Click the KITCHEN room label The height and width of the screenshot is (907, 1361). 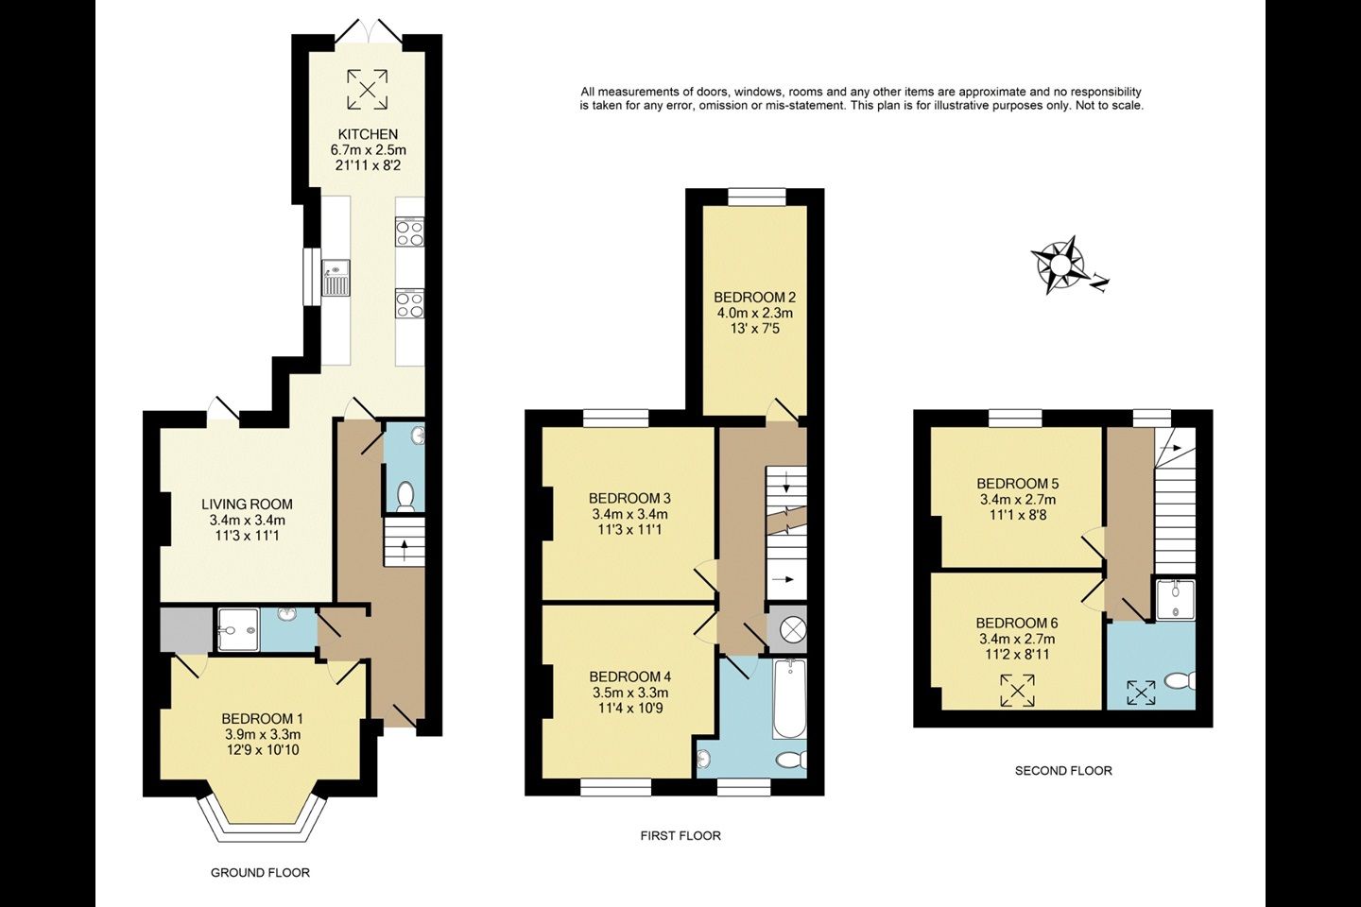(x=368, y=134)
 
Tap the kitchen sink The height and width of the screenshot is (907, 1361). (x=336, y=278)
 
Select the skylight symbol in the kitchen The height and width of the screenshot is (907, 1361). (x=368, y=90)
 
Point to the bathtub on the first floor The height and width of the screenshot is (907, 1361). (x=789, y=698)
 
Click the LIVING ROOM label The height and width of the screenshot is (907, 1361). (x=247, y=505)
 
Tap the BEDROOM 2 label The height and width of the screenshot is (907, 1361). (x=754, y=298)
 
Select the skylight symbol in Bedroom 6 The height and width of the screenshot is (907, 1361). (x=1018, y=690)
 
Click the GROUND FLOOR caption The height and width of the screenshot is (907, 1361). (x=260, y=873)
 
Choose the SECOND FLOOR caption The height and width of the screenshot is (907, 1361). (x=1063, y=771)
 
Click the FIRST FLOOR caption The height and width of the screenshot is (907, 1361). (x=680, y=836)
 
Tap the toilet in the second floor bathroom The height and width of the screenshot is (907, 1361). (x=1180, y=680)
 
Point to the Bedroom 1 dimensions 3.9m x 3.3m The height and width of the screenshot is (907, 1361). (x=263, y=734)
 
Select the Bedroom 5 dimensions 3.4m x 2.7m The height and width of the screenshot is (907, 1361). (x=1018, y=500)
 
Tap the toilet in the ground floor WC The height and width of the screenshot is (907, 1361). (x=405, y=496)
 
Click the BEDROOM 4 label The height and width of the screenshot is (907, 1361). (x=630, y=676)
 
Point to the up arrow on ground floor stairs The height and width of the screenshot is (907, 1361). (x=405, y=551)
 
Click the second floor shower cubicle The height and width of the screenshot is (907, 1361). (x=1175, y=600)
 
